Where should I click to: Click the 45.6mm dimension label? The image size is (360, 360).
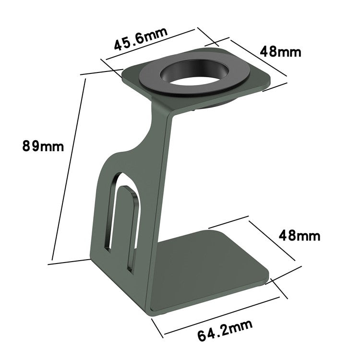[140, 40]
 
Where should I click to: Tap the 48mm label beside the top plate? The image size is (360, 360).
[280, 50]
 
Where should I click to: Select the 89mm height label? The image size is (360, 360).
[42, 145]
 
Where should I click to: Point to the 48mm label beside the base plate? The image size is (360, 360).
[299, 236]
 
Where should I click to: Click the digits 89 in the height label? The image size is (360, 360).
[32, 145]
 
